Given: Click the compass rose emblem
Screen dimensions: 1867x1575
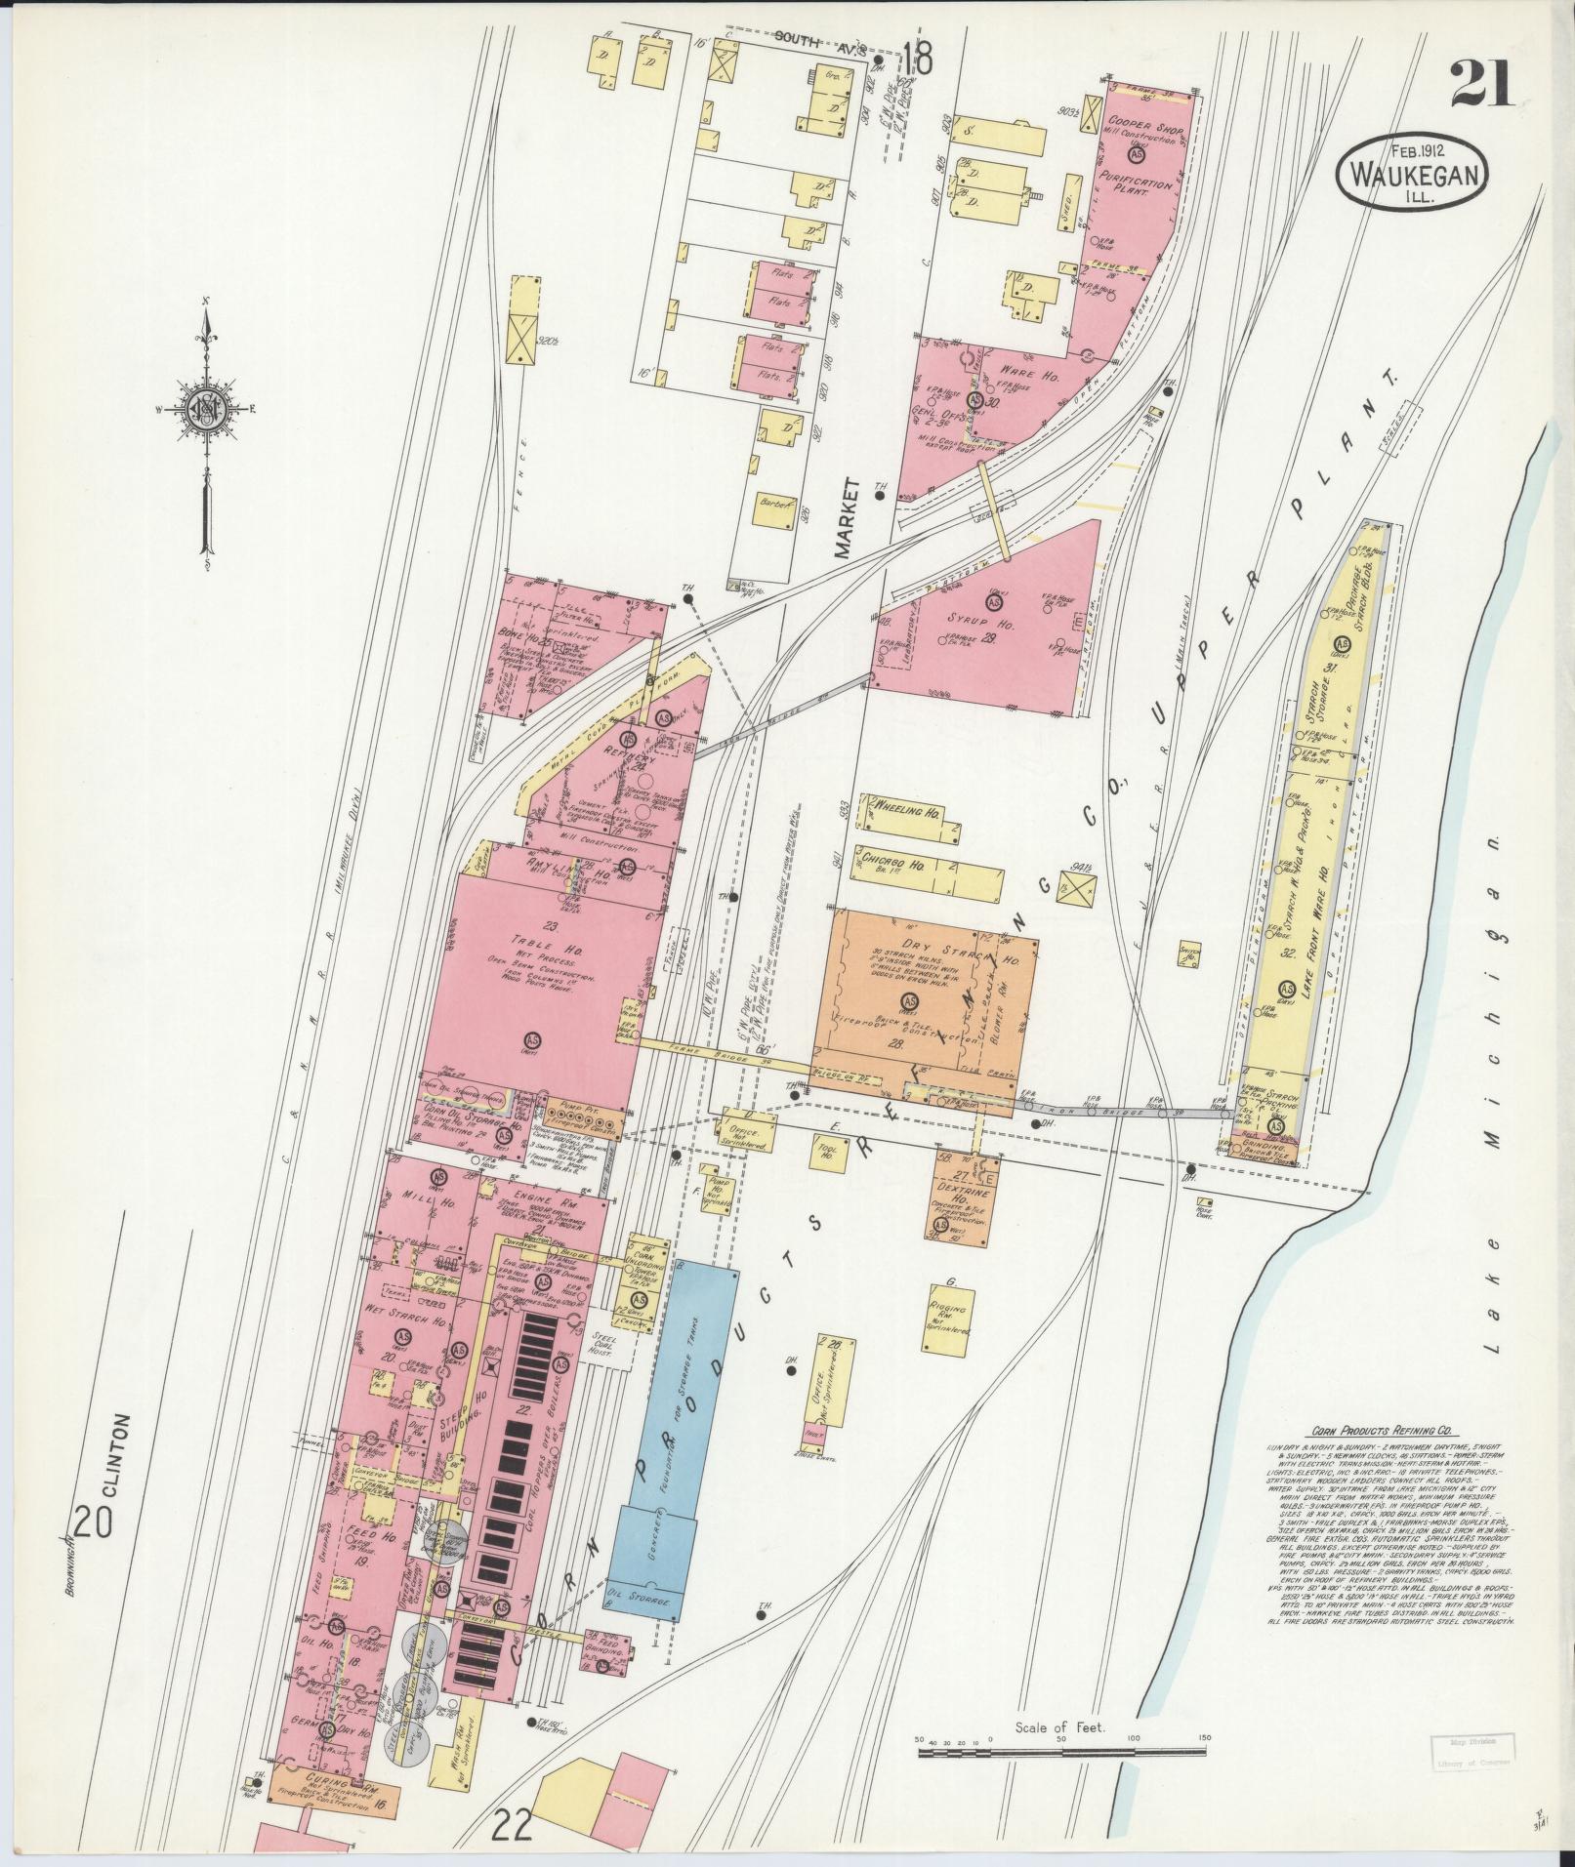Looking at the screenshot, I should click(x=207, y=409).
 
